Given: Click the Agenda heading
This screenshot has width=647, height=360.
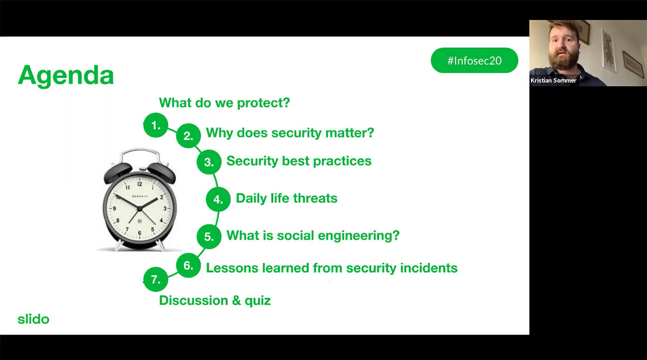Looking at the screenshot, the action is coord(66,76).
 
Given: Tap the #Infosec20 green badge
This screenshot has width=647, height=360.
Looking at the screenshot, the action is coord(474,60).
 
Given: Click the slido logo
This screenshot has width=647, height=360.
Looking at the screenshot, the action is coord(33,319).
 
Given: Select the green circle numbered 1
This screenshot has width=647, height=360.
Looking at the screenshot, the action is coord(156,125).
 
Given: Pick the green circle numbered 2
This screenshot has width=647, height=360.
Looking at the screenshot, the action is coord(188,136).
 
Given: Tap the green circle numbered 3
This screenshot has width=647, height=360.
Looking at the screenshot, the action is coord(209,162).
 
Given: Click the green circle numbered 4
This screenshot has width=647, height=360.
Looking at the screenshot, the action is coord(218,199).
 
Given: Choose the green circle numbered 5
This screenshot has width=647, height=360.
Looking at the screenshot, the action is coord(209,237).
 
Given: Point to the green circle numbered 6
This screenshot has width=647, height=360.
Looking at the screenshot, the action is coord(188,265).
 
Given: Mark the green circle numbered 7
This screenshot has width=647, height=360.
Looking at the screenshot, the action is coord(156,279).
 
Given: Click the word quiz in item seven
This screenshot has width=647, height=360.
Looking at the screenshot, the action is coord(258,301).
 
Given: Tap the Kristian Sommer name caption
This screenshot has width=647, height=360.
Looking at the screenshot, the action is coord(553,81).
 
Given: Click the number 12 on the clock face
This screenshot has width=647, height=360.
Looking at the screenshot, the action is coord(139,184).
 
